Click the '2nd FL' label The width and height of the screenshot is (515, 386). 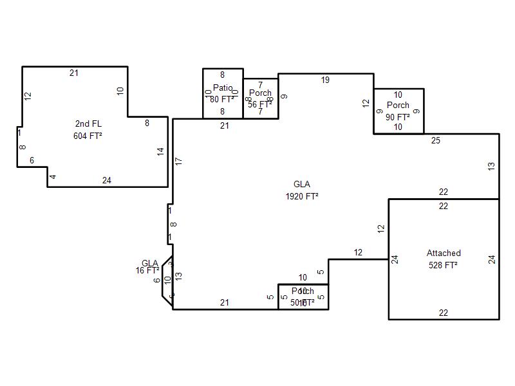coord(89,124)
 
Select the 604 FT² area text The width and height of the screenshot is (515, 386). coord(89,136)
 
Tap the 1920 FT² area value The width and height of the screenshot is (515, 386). coord(302,196)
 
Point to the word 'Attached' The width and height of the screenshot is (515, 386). coord(444,253)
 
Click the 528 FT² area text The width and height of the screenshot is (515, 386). coord(444,264)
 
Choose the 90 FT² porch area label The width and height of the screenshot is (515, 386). coord(398,117)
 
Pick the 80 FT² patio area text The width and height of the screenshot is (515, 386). coord(222,99)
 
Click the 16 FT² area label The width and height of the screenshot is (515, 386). coord(147,271)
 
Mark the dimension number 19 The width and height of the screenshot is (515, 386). coord(325,80)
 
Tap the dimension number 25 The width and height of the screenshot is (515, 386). coord(436,141)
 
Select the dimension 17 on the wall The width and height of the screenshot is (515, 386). coord(179,161)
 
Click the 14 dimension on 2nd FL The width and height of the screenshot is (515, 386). coord(161,152)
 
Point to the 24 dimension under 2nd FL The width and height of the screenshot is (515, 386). coord(107,180)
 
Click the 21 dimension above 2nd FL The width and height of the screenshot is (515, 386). coord(74,73)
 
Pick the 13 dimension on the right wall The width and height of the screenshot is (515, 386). coord(492,166)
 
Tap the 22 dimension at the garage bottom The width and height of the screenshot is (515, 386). coord(444,313)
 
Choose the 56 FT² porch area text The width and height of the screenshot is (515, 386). coord(260,104)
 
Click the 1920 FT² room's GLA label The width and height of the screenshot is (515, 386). coord(302,185)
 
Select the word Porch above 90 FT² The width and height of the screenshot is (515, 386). coord(398,105)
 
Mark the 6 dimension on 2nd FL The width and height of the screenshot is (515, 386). coord(32,160)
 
